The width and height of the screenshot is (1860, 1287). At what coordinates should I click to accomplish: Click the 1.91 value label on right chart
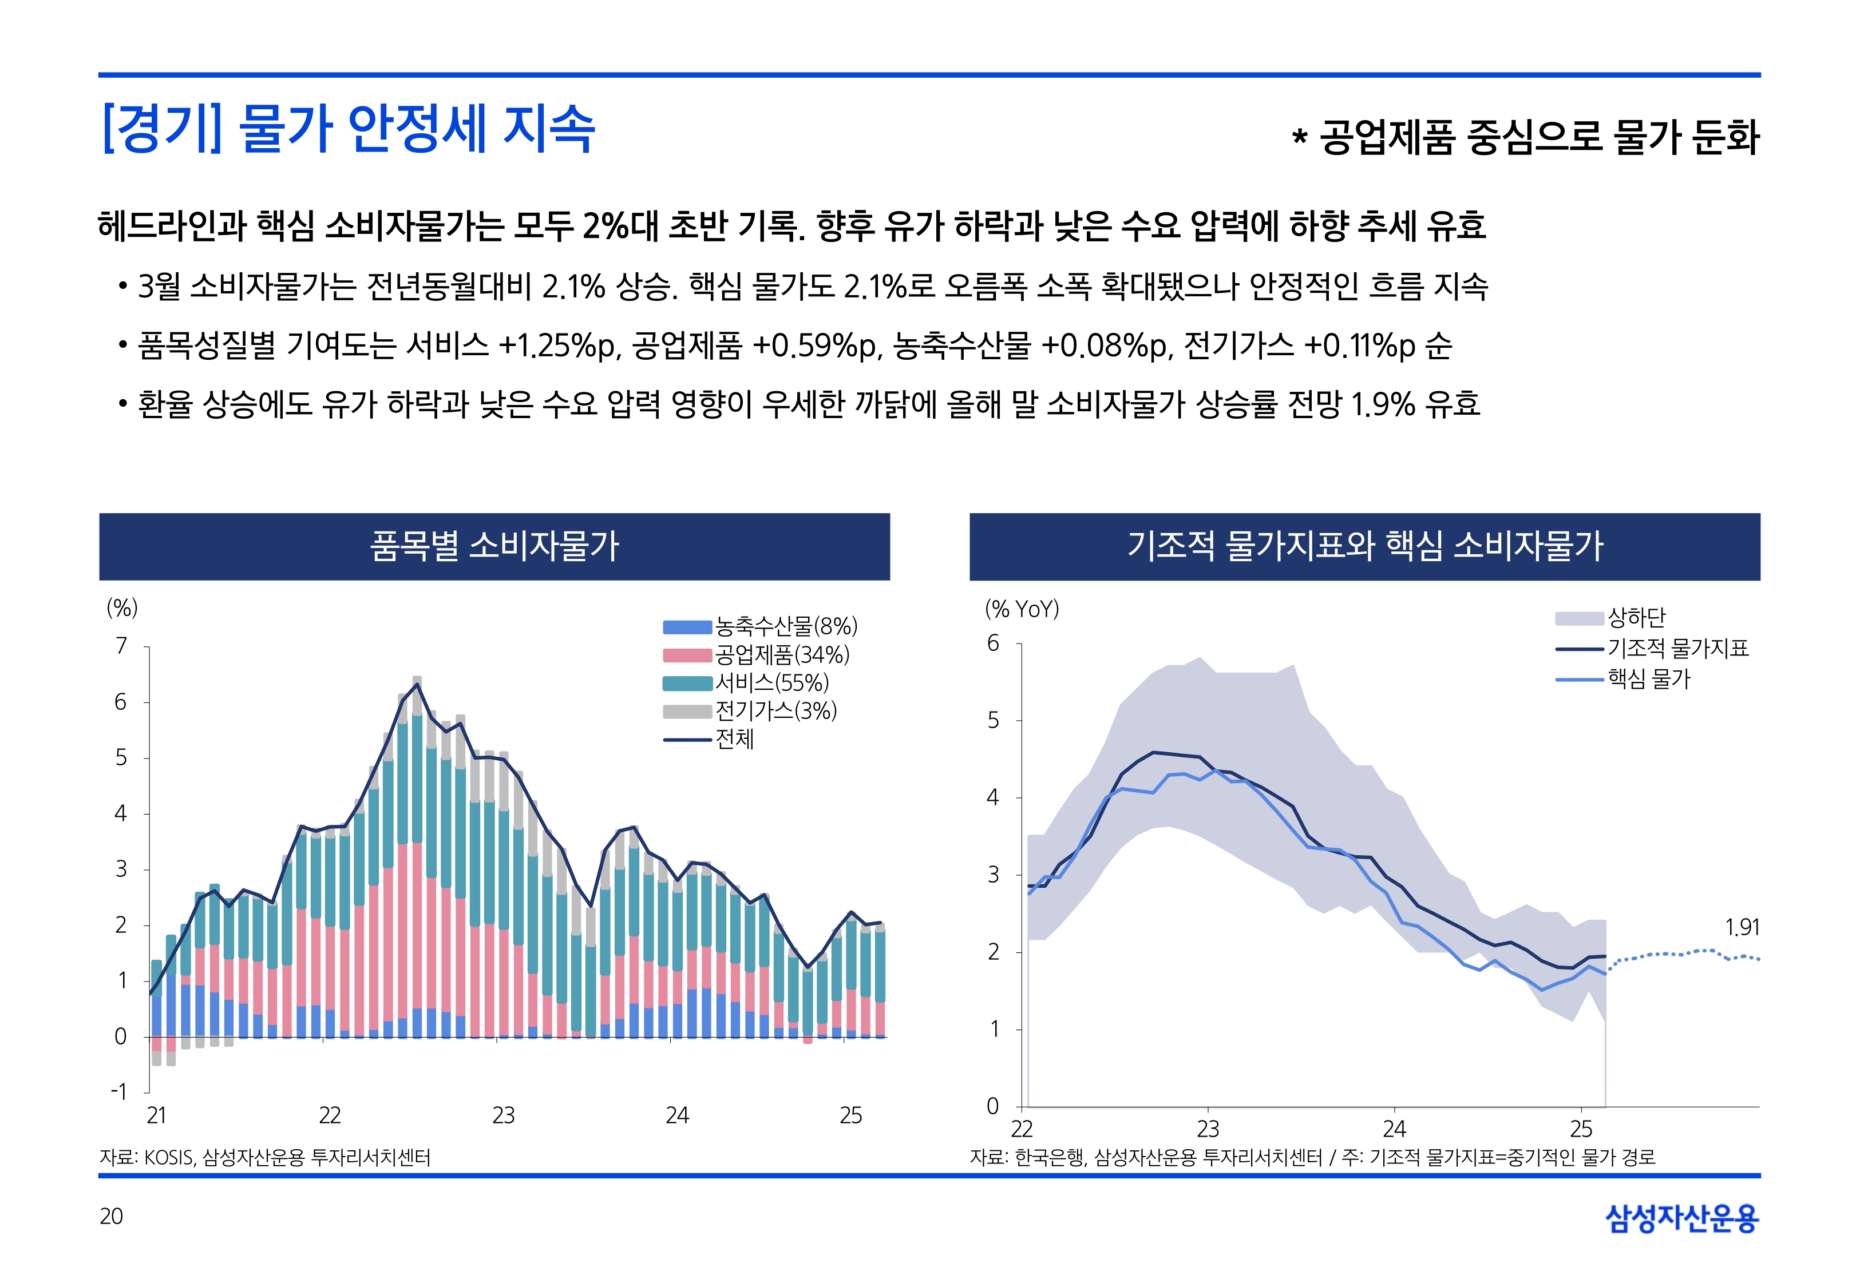[1742, 927]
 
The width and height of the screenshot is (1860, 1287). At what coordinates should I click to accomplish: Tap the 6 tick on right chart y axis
[993, 643]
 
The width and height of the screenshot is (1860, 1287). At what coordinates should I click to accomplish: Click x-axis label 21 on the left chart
[156, 1115]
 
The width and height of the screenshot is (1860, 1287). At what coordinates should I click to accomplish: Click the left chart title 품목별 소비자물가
[494, 546]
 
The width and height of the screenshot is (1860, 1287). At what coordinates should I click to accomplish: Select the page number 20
[111, 1216]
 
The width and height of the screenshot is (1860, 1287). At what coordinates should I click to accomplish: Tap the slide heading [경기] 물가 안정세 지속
[349, 129]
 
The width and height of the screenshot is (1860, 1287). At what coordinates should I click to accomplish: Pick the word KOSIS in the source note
[169, 1158]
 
